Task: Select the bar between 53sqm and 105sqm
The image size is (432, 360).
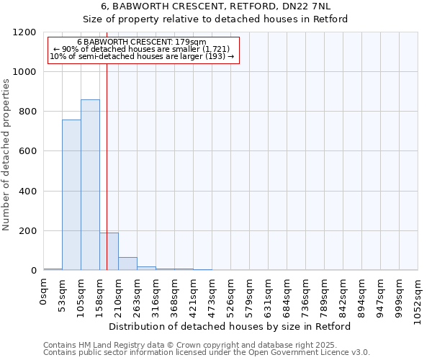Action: (x=71, y=195)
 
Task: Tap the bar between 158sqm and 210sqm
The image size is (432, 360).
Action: (x=109, y=251)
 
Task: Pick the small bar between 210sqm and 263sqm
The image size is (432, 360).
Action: (x=127, y=264)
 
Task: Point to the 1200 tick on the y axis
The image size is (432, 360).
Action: (x=27, y=32)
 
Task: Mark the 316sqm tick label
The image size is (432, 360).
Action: (x=156, y=294)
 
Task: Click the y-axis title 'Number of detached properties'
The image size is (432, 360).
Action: (x=6, y=155)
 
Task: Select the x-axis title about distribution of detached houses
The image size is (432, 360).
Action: (x=230, y=326)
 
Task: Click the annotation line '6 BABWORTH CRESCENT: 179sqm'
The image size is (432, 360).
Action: (x=141, y=42)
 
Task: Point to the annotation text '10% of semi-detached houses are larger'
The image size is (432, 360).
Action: (x=141, y=56)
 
